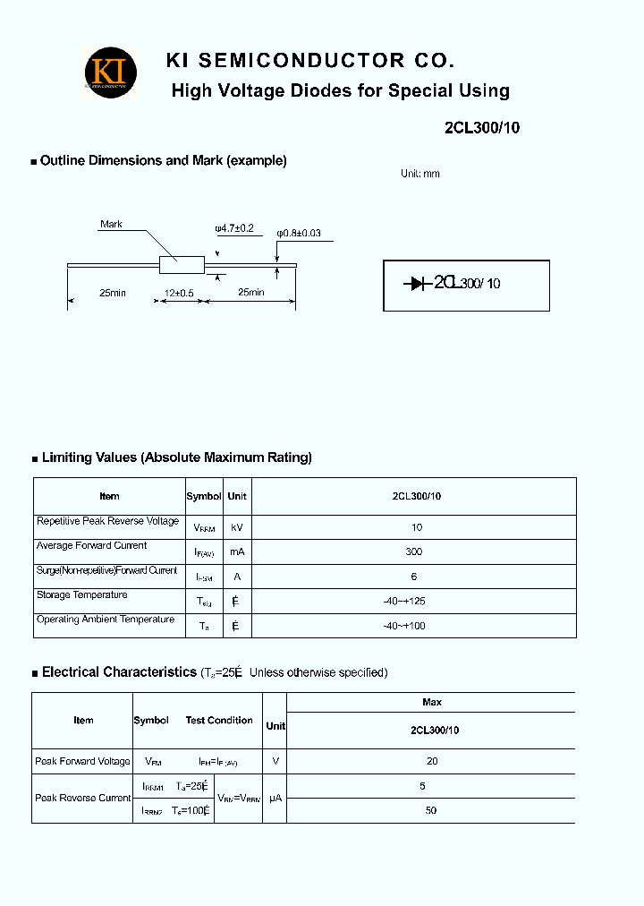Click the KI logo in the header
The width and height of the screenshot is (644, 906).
111,73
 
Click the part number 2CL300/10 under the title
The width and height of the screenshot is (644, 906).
481,128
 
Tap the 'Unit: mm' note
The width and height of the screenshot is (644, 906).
419,174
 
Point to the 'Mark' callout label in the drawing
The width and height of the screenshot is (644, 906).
111,224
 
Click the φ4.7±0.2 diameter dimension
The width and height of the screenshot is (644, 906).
234,228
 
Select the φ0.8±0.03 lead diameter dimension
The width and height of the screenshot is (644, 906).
298,233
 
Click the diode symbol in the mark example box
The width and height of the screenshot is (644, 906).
417,284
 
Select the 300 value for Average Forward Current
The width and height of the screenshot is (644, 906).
413,551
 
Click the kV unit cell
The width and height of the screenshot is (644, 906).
237,527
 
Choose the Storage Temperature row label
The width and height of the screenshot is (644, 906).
81,595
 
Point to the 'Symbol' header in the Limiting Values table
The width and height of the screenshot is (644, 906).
204,496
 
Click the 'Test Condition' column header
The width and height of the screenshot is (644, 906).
219,720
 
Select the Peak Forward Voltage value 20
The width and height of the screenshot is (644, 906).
431,761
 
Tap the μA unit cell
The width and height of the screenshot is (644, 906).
275,798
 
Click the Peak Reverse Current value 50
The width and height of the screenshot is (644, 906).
431,810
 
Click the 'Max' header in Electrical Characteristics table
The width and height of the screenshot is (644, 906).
431,702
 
